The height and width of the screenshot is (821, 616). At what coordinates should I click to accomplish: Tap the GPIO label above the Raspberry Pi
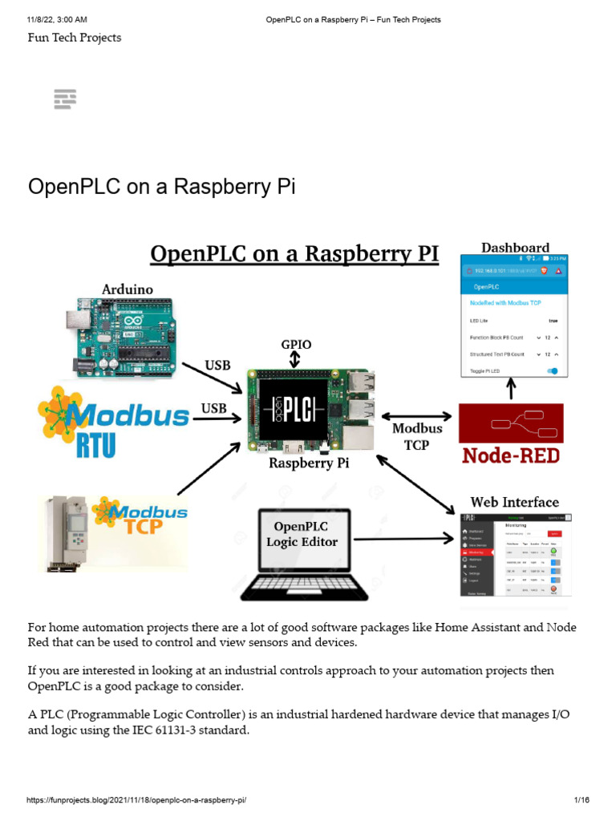[x=296, y=345]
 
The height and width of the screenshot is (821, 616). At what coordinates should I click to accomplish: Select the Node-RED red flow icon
[x=511, y=423]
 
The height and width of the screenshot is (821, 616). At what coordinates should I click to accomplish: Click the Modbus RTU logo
[x=114, y=420]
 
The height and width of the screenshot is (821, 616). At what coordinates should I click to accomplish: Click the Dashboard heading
[x=515, y=248]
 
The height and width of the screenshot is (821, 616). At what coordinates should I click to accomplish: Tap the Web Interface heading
[x=514, y=503]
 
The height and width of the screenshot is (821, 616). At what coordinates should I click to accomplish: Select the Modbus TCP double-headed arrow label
[x=417, y=436]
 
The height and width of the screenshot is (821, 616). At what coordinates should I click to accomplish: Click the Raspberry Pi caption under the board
[x=309, y=463]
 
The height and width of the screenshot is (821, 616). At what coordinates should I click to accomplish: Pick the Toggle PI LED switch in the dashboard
[x=552, y=370]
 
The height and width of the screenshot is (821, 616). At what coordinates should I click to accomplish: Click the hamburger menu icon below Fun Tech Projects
[x=65, y=99]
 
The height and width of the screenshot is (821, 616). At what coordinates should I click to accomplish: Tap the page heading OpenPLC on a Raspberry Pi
[x=162, y=187]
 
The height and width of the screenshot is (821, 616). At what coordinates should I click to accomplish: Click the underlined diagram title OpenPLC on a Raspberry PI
[x=295, y=254]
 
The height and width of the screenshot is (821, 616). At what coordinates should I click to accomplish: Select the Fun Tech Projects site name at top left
[x=75, y=38]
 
